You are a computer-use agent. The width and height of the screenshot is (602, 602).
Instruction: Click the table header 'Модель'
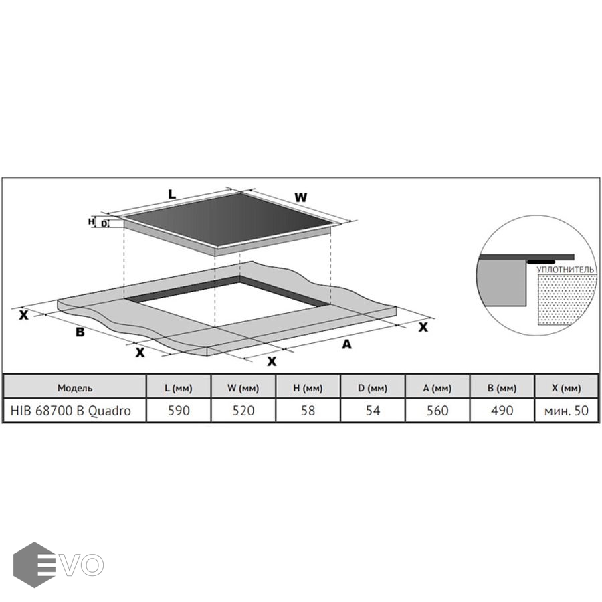pos(75,388)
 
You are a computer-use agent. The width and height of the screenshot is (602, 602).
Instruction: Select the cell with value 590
pos(179,411)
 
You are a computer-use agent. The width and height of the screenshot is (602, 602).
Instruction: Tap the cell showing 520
pos(243,411)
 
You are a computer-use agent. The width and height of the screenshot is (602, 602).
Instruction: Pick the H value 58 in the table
pos(308,411)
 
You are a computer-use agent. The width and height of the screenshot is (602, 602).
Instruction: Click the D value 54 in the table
pos(373,411)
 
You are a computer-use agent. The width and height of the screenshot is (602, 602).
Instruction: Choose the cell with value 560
pos(437,411)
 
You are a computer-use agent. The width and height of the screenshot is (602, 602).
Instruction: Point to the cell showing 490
pos(502,411)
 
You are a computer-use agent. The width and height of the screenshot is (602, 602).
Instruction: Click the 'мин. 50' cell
pos(567,411)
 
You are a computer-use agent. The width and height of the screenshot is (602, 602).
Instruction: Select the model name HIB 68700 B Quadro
pos(71,411)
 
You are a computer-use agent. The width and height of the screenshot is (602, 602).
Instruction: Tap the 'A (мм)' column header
pos(437,388)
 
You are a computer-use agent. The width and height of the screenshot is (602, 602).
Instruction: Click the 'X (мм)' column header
pos(567,388)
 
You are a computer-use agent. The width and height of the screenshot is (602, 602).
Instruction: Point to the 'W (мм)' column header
pos(243,388)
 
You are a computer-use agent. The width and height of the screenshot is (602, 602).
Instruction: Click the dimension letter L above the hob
pos(172,194)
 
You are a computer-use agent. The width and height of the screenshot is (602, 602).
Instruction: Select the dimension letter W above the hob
pos(301,197)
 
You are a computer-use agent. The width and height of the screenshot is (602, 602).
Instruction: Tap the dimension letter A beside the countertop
pos(346,344)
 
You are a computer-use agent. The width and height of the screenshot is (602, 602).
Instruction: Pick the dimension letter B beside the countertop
pos(80,332)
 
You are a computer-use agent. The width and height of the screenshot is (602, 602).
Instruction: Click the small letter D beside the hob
pos(104,223)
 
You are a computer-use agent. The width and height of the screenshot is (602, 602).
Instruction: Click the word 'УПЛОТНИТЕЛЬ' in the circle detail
pos(565,270)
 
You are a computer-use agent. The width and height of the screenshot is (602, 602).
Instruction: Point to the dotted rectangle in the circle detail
pos(565,300)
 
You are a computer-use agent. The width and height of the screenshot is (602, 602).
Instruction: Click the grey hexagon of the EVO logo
pos(34,565)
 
